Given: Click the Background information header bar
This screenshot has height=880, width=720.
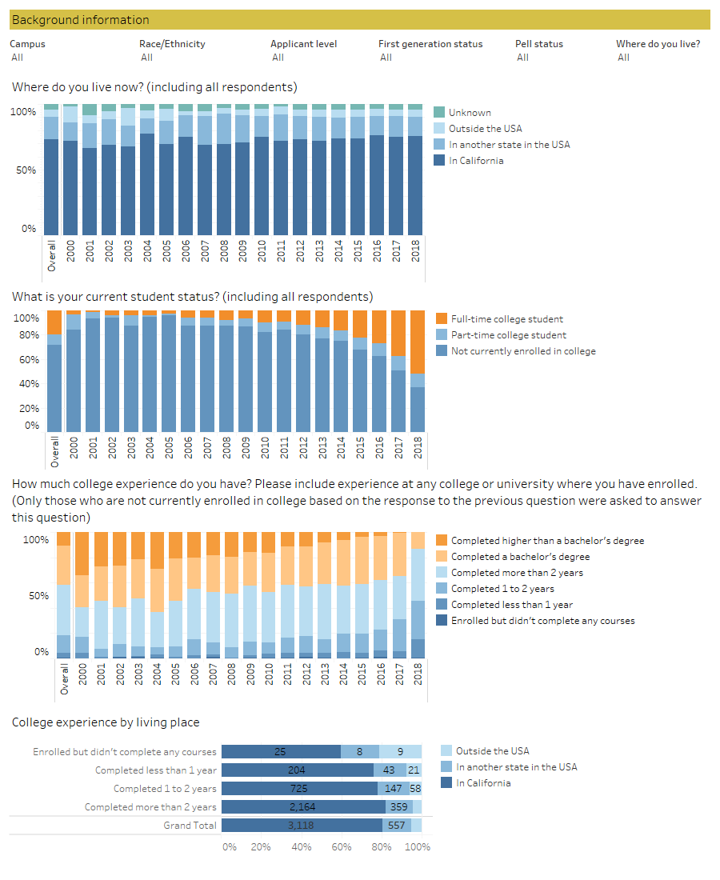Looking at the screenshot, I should (x=359, y=20).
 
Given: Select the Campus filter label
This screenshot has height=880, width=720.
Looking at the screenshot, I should (x=27, y=44).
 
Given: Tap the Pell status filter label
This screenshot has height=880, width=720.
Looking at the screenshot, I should (x=538, y=44).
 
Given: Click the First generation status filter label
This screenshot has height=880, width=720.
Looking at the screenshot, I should (x=430, y=44).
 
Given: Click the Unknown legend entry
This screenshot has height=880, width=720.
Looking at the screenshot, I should (x=470, y=113).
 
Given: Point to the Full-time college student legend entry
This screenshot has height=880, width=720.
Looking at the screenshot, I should (x=506, y=319).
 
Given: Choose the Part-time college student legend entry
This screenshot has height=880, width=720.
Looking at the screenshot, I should (x=508, y=335).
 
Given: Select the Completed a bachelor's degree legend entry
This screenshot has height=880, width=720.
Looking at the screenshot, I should (x=520, y=557).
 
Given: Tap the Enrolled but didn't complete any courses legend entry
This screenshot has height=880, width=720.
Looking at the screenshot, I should (x=542, y=621).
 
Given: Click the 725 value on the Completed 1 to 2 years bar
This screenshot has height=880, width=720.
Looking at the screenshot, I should (x=299, y=789).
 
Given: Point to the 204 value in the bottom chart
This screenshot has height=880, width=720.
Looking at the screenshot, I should (x=298, y=770).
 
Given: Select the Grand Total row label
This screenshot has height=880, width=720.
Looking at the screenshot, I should (x=191, y=826).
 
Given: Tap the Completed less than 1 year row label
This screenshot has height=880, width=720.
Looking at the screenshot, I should (x=155, y=770).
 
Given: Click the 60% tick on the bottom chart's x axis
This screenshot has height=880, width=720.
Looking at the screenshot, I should (x=342, y=846).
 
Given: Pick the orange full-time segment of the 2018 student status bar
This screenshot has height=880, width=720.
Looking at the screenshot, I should (x=418, y=342).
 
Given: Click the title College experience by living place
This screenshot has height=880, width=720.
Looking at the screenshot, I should (x=106, y=722).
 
